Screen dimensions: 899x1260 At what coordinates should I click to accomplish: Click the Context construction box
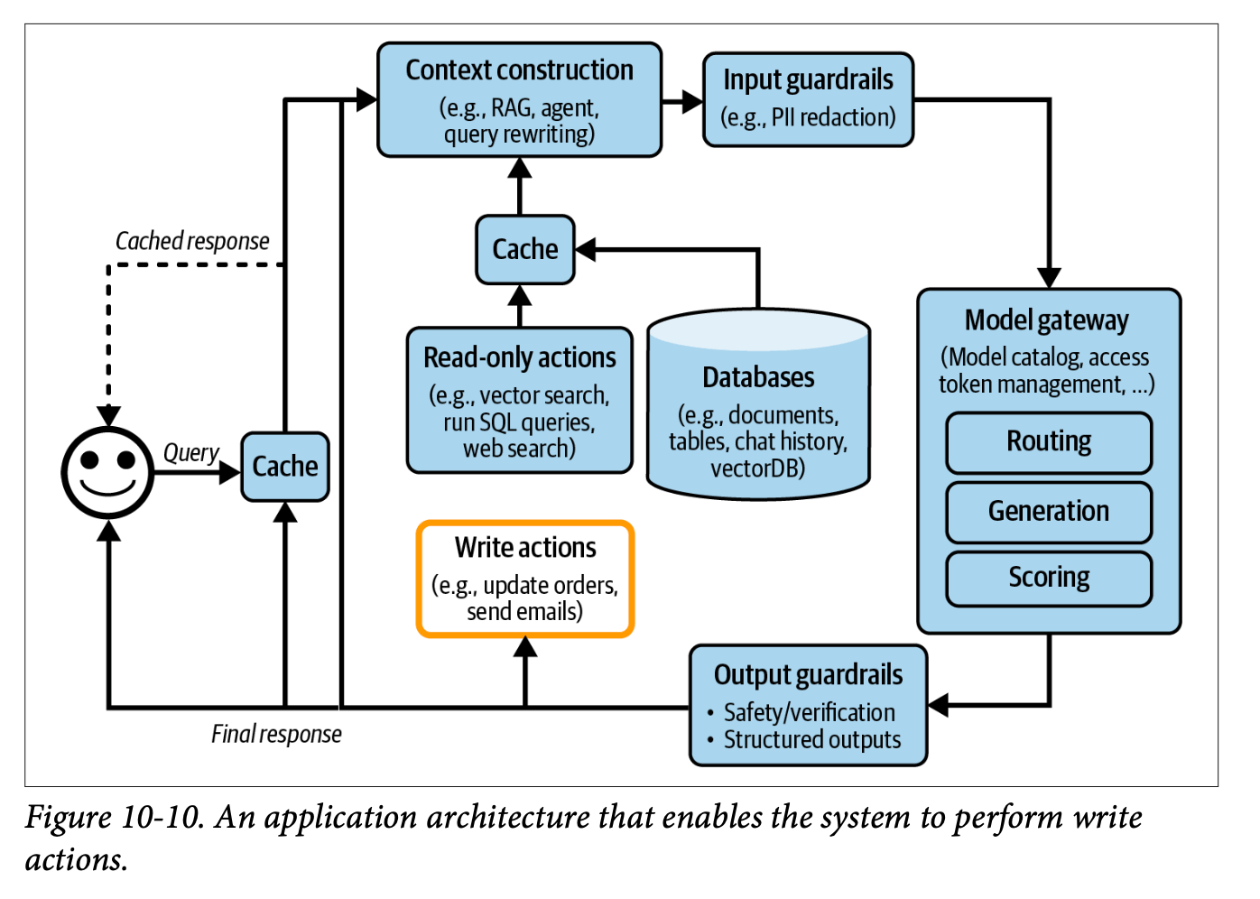[519, 100]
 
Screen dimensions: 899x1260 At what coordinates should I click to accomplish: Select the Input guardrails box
[808, 99]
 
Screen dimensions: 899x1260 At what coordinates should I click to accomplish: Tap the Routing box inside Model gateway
[1049, 442]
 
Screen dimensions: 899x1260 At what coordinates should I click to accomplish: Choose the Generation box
[1049, 512]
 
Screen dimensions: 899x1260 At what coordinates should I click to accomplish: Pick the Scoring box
[1049, 578]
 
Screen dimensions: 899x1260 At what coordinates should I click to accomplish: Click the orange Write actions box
[525, 579]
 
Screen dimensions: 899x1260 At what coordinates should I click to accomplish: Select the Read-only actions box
[519, 400]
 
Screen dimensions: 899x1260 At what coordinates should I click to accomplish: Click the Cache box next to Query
[285, 467]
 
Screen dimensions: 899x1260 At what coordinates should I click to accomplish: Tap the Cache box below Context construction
[525, 249]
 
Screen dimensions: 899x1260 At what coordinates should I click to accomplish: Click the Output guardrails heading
[808, 675]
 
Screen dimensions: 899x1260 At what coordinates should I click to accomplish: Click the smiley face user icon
[107, 472]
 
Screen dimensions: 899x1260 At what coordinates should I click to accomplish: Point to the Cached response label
[192, 241]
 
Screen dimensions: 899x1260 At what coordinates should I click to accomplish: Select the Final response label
[276, 734]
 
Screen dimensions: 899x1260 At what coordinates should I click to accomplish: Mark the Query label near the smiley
[190, 452]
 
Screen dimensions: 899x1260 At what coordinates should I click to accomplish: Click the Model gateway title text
[1047, 320]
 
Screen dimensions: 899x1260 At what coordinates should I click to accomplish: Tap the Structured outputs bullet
[811, 740]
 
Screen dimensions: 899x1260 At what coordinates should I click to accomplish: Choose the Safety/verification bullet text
[809, 712]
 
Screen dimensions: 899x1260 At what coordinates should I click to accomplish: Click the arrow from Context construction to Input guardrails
[682, 101]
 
